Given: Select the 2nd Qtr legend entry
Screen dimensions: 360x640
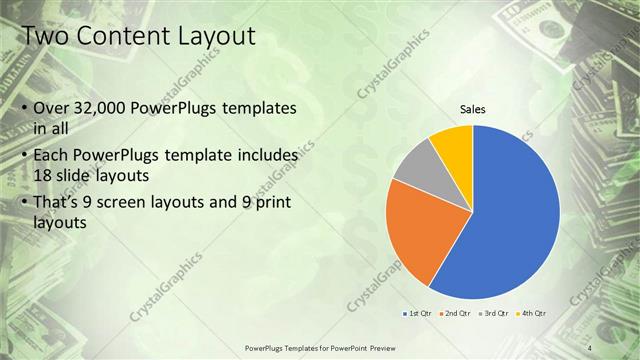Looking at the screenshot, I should [x=456, y=313].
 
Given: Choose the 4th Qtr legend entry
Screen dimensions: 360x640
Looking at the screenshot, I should [x=533, y=313].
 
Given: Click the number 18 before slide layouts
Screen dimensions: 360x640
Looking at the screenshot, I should [x=44, y=174].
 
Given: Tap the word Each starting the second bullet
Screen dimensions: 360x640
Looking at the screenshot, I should [x=52, y=156].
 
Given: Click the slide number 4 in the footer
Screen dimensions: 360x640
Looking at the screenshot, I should [x=590, y=347].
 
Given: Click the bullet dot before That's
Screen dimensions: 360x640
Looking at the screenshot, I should [x=24, y=206].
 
